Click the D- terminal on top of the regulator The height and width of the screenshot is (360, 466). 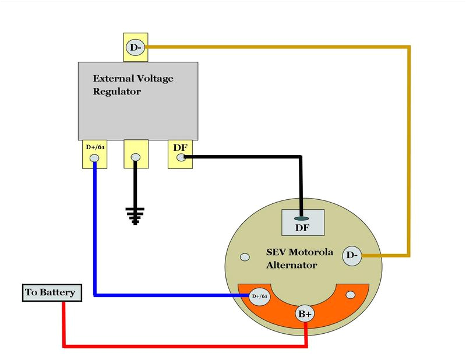tap(135, 47)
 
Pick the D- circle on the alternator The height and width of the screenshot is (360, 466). tap(352, 255)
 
